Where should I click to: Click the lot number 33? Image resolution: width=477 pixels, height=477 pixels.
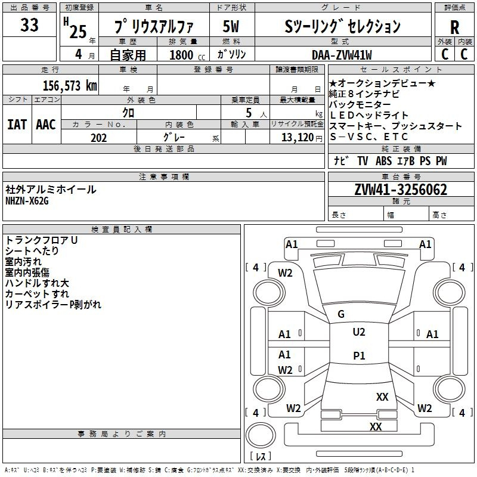(29, 24)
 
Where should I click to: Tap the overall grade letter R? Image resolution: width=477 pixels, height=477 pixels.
(454, 27)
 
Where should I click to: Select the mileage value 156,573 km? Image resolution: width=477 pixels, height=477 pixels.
(70, 86)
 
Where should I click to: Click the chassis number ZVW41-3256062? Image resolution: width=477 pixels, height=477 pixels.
(401, 190)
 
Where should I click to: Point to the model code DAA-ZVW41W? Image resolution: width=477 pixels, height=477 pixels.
(342, 55)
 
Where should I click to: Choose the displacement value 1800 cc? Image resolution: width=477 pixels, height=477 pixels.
(187, 55)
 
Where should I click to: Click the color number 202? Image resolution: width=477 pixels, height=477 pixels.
(98, 138)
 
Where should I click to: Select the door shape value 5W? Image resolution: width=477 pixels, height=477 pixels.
(231, 26)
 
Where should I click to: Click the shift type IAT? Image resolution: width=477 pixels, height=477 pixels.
(17, 125)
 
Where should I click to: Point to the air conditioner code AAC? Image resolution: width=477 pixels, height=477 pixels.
(46, 125)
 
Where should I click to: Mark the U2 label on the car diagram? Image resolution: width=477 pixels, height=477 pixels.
(359, 332)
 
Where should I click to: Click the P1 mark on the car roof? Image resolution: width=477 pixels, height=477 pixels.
(359, 355)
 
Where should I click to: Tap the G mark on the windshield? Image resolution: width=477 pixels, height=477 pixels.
(341, 314)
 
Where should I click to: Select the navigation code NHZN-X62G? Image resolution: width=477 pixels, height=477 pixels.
(27, 201)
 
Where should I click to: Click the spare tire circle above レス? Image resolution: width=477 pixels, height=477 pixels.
(261, 435)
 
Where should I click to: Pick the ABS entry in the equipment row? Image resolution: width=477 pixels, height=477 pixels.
(383, 161)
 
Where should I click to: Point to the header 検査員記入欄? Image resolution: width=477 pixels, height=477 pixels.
(122, 230)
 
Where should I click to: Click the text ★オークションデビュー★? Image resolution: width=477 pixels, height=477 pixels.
(382, 83)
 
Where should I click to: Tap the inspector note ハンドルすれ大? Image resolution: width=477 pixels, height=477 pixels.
(37, 283)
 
